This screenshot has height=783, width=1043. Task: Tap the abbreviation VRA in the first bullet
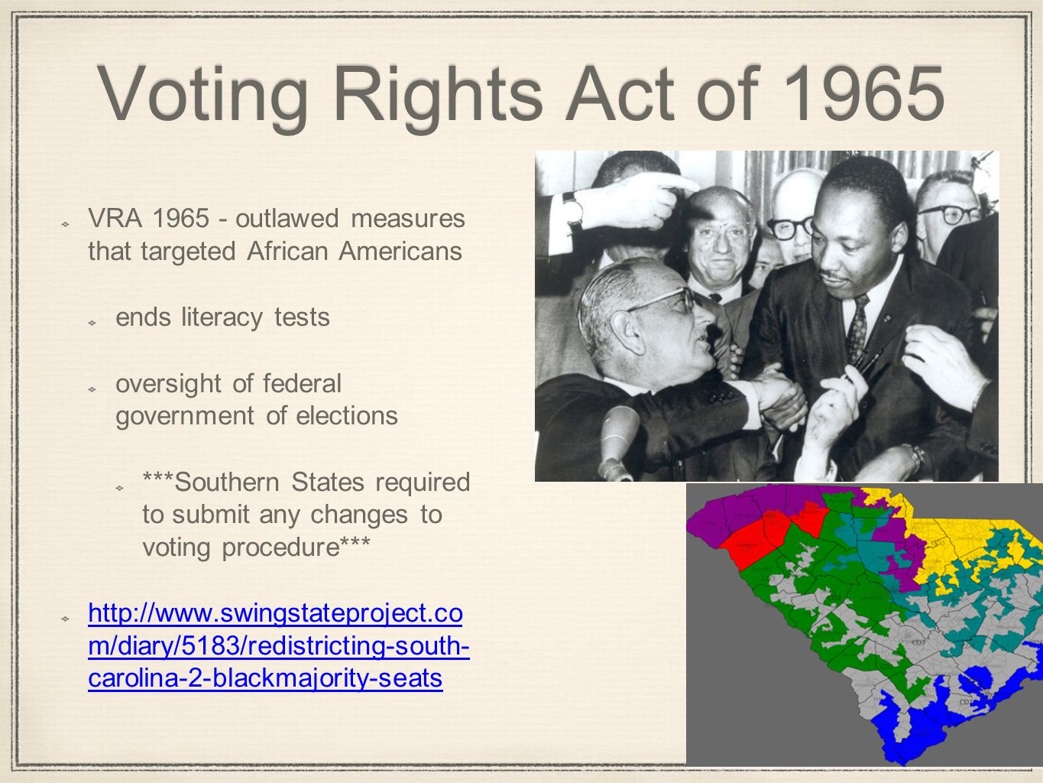click(x=115, y=219)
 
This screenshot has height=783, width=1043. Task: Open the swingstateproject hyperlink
click(x=276, y=646)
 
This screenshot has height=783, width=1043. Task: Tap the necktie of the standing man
click(x=857, y=329)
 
